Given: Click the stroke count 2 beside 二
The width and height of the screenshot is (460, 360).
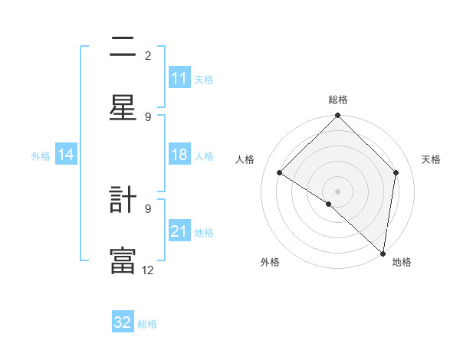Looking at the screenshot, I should click(148, 55).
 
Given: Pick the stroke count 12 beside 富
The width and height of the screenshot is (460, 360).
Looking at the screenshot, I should click(148, 270).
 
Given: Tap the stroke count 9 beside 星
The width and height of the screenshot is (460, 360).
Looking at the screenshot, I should click(148, 116).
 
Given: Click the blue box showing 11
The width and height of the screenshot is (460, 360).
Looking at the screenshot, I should click(179, 78).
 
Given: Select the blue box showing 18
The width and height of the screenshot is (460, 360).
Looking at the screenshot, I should click(179, 155).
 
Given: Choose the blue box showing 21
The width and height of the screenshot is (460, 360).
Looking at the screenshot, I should click(179, 231).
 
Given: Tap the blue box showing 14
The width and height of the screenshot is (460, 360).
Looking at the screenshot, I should click(65, 155).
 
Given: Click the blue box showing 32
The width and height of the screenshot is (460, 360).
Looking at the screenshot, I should click(123, 322).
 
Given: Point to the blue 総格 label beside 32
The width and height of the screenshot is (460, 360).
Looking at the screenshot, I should click(147, 324).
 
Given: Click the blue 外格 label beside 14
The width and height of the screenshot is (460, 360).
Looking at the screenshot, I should click(41, 156).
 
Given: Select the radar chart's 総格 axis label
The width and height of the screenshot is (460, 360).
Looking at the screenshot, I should click(337, 100).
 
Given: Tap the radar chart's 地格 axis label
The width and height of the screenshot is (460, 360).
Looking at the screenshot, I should click(402, 262).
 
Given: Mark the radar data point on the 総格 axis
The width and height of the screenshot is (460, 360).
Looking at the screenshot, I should click(337, 116).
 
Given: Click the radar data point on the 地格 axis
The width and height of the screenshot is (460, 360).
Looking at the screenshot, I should click(383, 253).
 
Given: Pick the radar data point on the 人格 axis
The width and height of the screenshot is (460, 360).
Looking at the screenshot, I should click(280, 172).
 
